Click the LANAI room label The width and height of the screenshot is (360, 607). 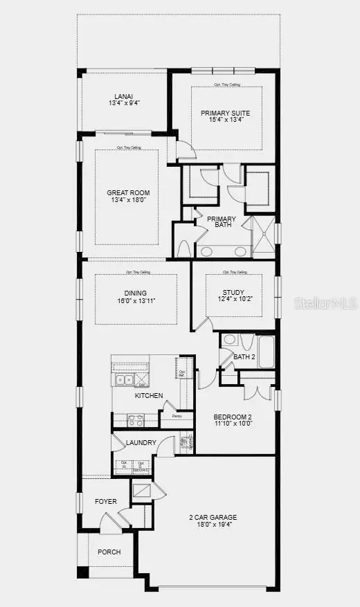pos(125,97)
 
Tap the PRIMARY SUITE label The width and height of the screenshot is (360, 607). pos(226,113)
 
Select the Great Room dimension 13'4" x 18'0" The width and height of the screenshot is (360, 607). pos(128,200)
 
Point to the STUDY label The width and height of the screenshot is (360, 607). pos(233,292)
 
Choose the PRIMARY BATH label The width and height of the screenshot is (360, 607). pos(222,223)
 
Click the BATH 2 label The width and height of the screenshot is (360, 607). pos(244,357)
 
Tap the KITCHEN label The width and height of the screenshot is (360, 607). pos(149,396)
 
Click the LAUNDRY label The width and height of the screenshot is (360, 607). pos(141,443)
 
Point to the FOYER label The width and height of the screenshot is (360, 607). pos(106,501)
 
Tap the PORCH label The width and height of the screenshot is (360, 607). pos(109,552)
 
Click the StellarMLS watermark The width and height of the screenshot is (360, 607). pos(326,303)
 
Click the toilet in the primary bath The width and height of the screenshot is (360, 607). pos(183,249)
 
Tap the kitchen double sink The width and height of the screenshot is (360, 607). pos(125,379)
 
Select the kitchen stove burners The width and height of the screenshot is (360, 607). pos(134,419)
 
